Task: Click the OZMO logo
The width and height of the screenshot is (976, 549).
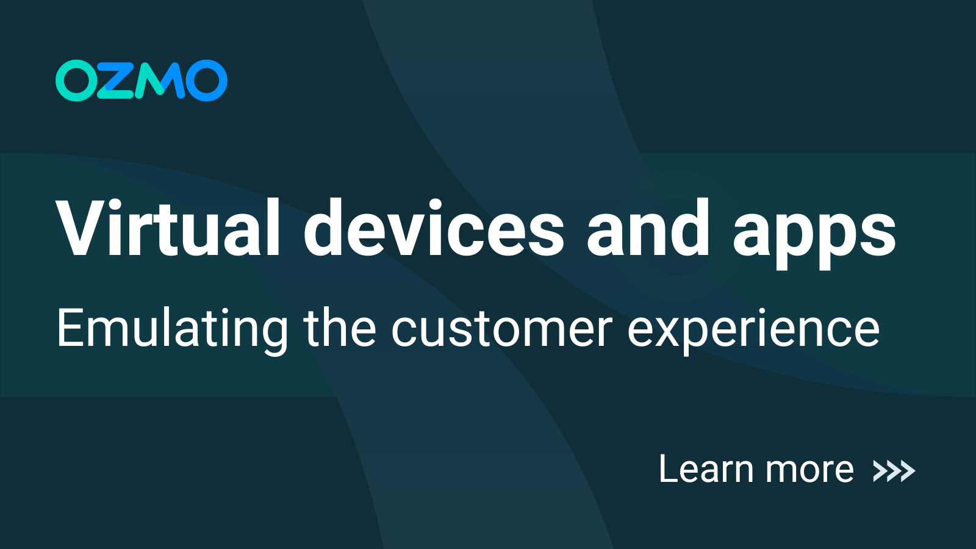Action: click(142, 81)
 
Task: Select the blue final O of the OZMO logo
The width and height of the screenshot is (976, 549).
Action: click(206, 81)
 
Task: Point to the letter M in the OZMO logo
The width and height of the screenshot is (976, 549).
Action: click(160, 81)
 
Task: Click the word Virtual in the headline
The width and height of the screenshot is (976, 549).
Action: click(168, 228)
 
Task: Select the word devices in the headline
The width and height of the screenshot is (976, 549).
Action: click(434, 228)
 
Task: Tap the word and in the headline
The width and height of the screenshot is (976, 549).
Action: click(648, 228)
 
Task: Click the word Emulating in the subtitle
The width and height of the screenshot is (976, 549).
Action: click(173, 329)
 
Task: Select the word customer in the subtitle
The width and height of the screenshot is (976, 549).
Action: click(501, 329)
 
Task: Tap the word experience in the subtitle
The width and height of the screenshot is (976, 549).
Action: click(753, 332)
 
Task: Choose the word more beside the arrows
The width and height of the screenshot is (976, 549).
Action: click(809, 471)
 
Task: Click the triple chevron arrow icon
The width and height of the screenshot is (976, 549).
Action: click(894, 471)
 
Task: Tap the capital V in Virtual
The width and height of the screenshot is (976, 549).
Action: click(81, 228)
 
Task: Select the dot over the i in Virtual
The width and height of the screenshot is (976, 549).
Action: click(123, 204)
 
